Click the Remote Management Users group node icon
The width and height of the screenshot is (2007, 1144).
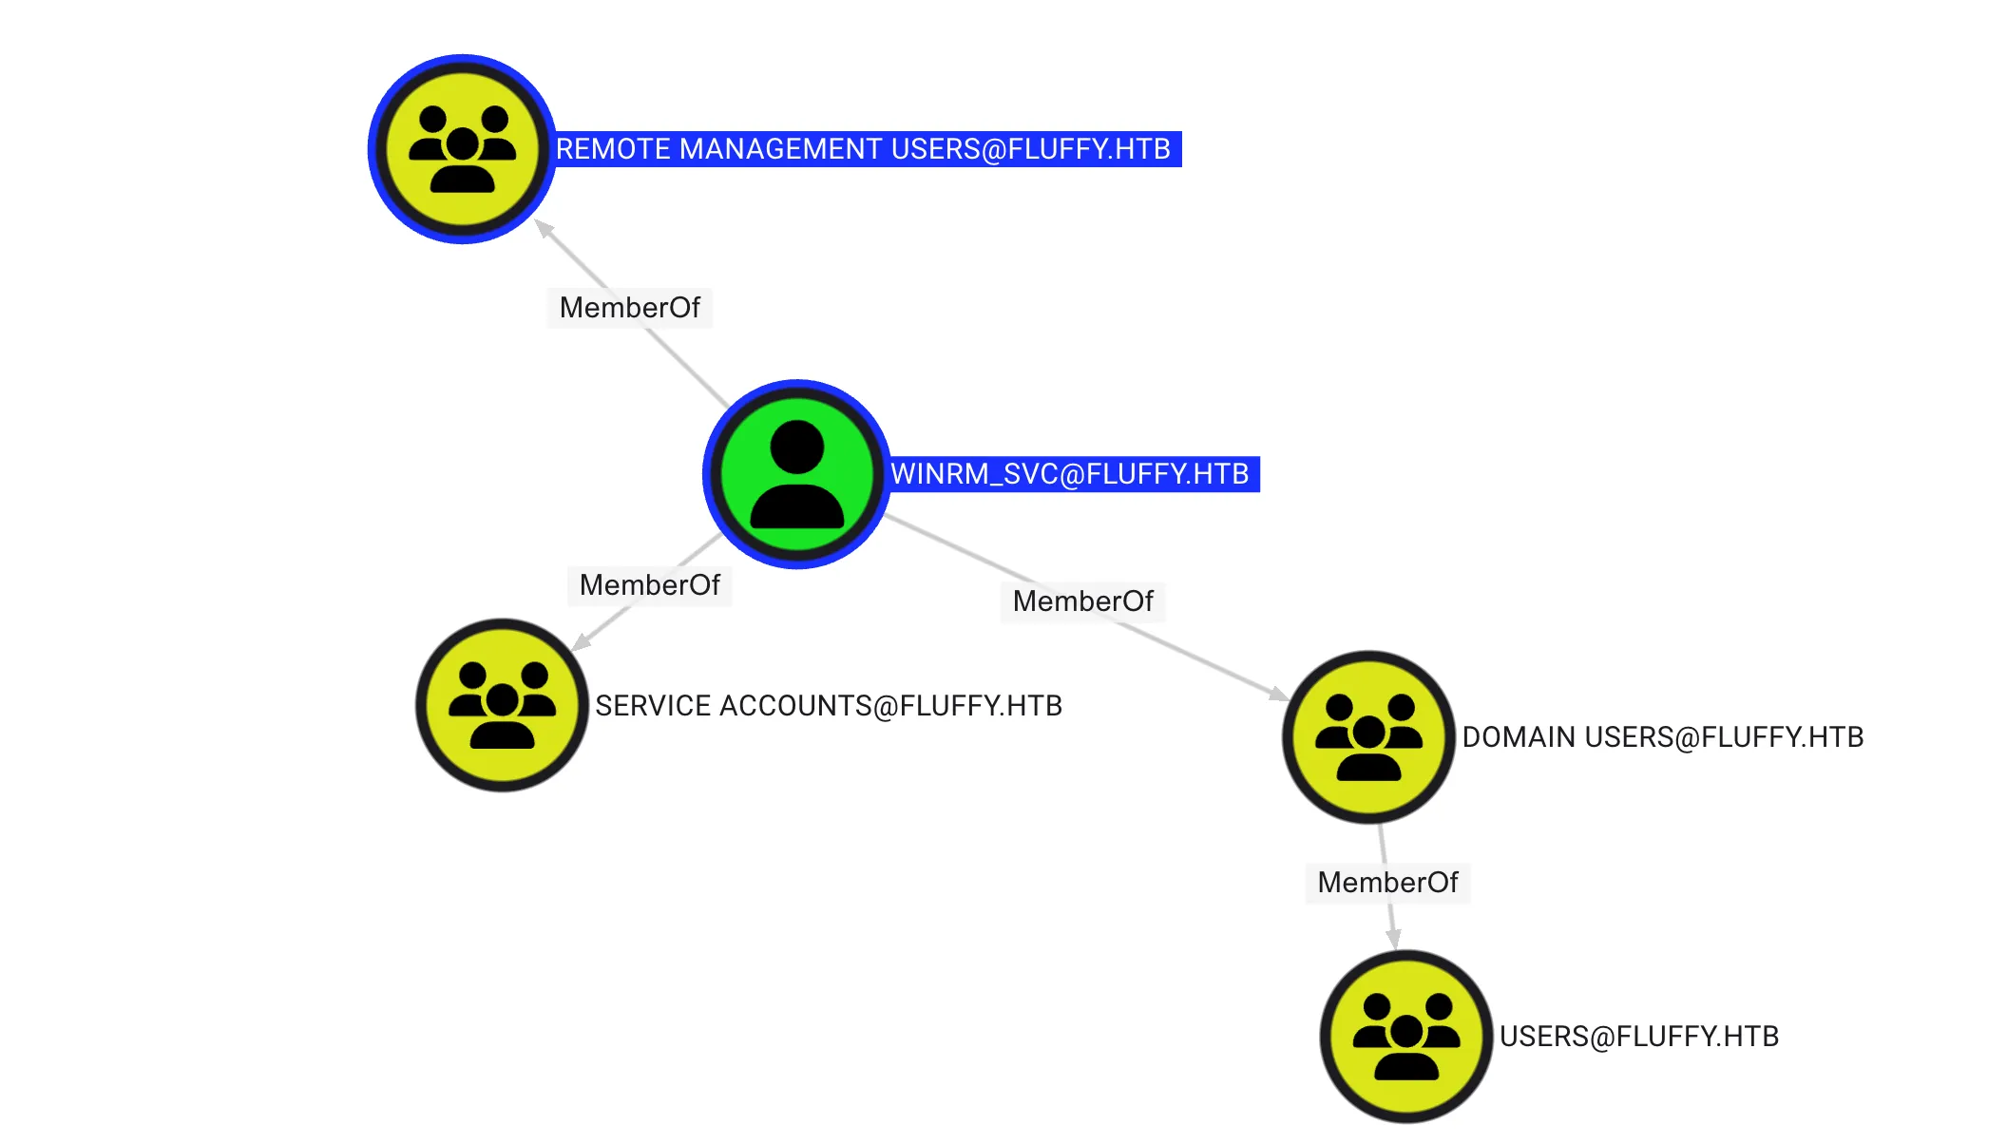coord(462,149)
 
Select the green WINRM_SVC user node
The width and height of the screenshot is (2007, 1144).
coord(796,474)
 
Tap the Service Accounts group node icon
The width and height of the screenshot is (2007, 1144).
coord(502,705)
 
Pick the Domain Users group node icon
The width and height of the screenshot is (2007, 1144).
coord(1368,736)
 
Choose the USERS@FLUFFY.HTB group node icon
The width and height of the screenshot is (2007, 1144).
coord(1406,1036)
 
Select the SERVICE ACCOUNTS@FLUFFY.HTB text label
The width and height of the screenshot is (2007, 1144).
coord(829,706)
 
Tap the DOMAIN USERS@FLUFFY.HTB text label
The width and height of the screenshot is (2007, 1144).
coord(1662,737)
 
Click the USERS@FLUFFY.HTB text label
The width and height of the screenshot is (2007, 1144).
coord(1638,1037)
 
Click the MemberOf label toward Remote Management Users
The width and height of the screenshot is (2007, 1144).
coord(629,308)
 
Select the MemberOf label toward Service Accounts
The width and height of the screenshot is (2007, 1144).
coord(650,585)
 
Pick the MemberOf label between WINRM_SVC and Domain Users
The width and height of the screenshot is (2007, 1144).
coord(1082,601)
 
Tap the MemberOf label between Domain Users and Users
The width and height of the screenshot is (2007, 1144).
coord(1387,883)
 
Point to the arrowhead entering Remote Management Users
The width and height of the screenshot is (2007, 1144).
coord(545,228)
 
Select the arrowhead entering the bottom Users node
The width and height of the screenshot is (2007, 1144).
coord(1393,938)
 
